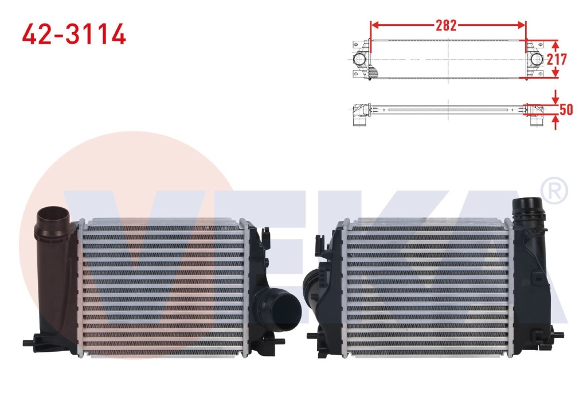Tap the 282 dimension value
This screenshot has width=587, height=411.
tap(446, 25)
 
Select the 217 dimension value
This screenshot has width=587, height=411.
tap(557, 59)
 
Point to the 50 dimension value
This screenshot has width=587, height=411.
tap(566, 109)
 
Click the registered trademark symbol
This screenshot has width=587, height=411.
tap(555, 191)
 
